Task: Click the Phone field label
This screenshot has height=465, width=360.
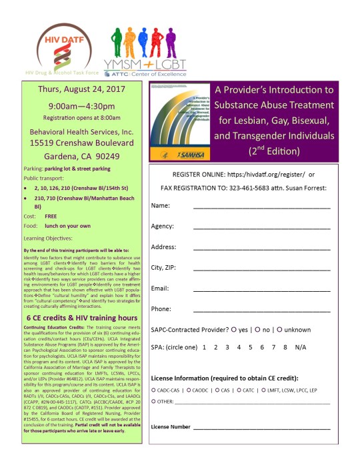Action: coord(161,309)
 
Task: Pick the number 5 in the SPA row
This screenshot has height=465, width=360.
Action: coord(249,347)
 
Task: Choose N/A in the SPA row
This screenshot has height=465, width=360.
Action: coord(301,347)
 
